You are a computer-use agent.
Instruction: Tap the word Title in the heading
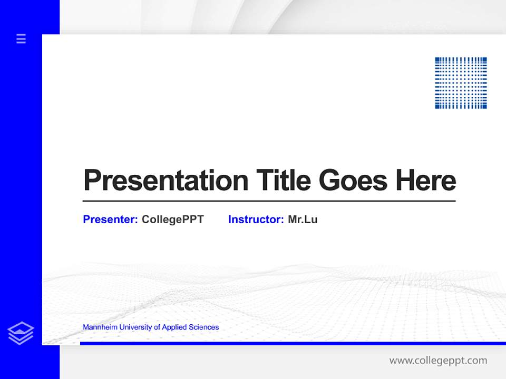(x=283, y=180)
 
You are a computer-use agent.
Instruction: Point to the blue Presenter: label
(x=110, y=220)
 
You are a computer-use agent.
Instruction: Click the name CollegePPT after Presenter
(x=172, y=220)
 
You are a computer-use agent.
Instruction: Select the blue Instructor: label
(x=256, y=220)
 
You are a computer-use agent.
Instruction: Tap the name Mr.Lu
(x=303, y=220)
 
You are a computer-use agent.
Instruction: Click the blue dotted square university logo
(x=461, y=83)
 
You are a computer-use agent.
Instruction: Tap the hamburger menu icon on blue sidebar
(x=21, y=38)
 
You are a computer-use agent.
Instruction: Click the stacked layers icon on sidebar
(x=21, y=333)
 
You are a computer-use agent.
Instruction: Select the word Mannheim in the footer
(x=100, y=327)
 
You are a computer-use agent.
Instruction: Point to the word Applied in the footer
(x=174, y=327)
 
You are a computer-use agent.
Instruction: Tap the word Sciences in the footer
(x=203, y=327)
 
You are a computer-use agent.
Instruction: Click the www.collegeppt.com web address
(x=438, y=361)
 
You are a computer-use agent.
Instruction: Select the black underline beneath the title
(x=269, y=201)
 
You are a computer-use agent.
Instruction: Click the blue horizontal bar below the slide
(x=293, y=343)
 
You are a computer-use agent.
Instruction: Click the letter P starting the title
(x=92, y=180)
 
